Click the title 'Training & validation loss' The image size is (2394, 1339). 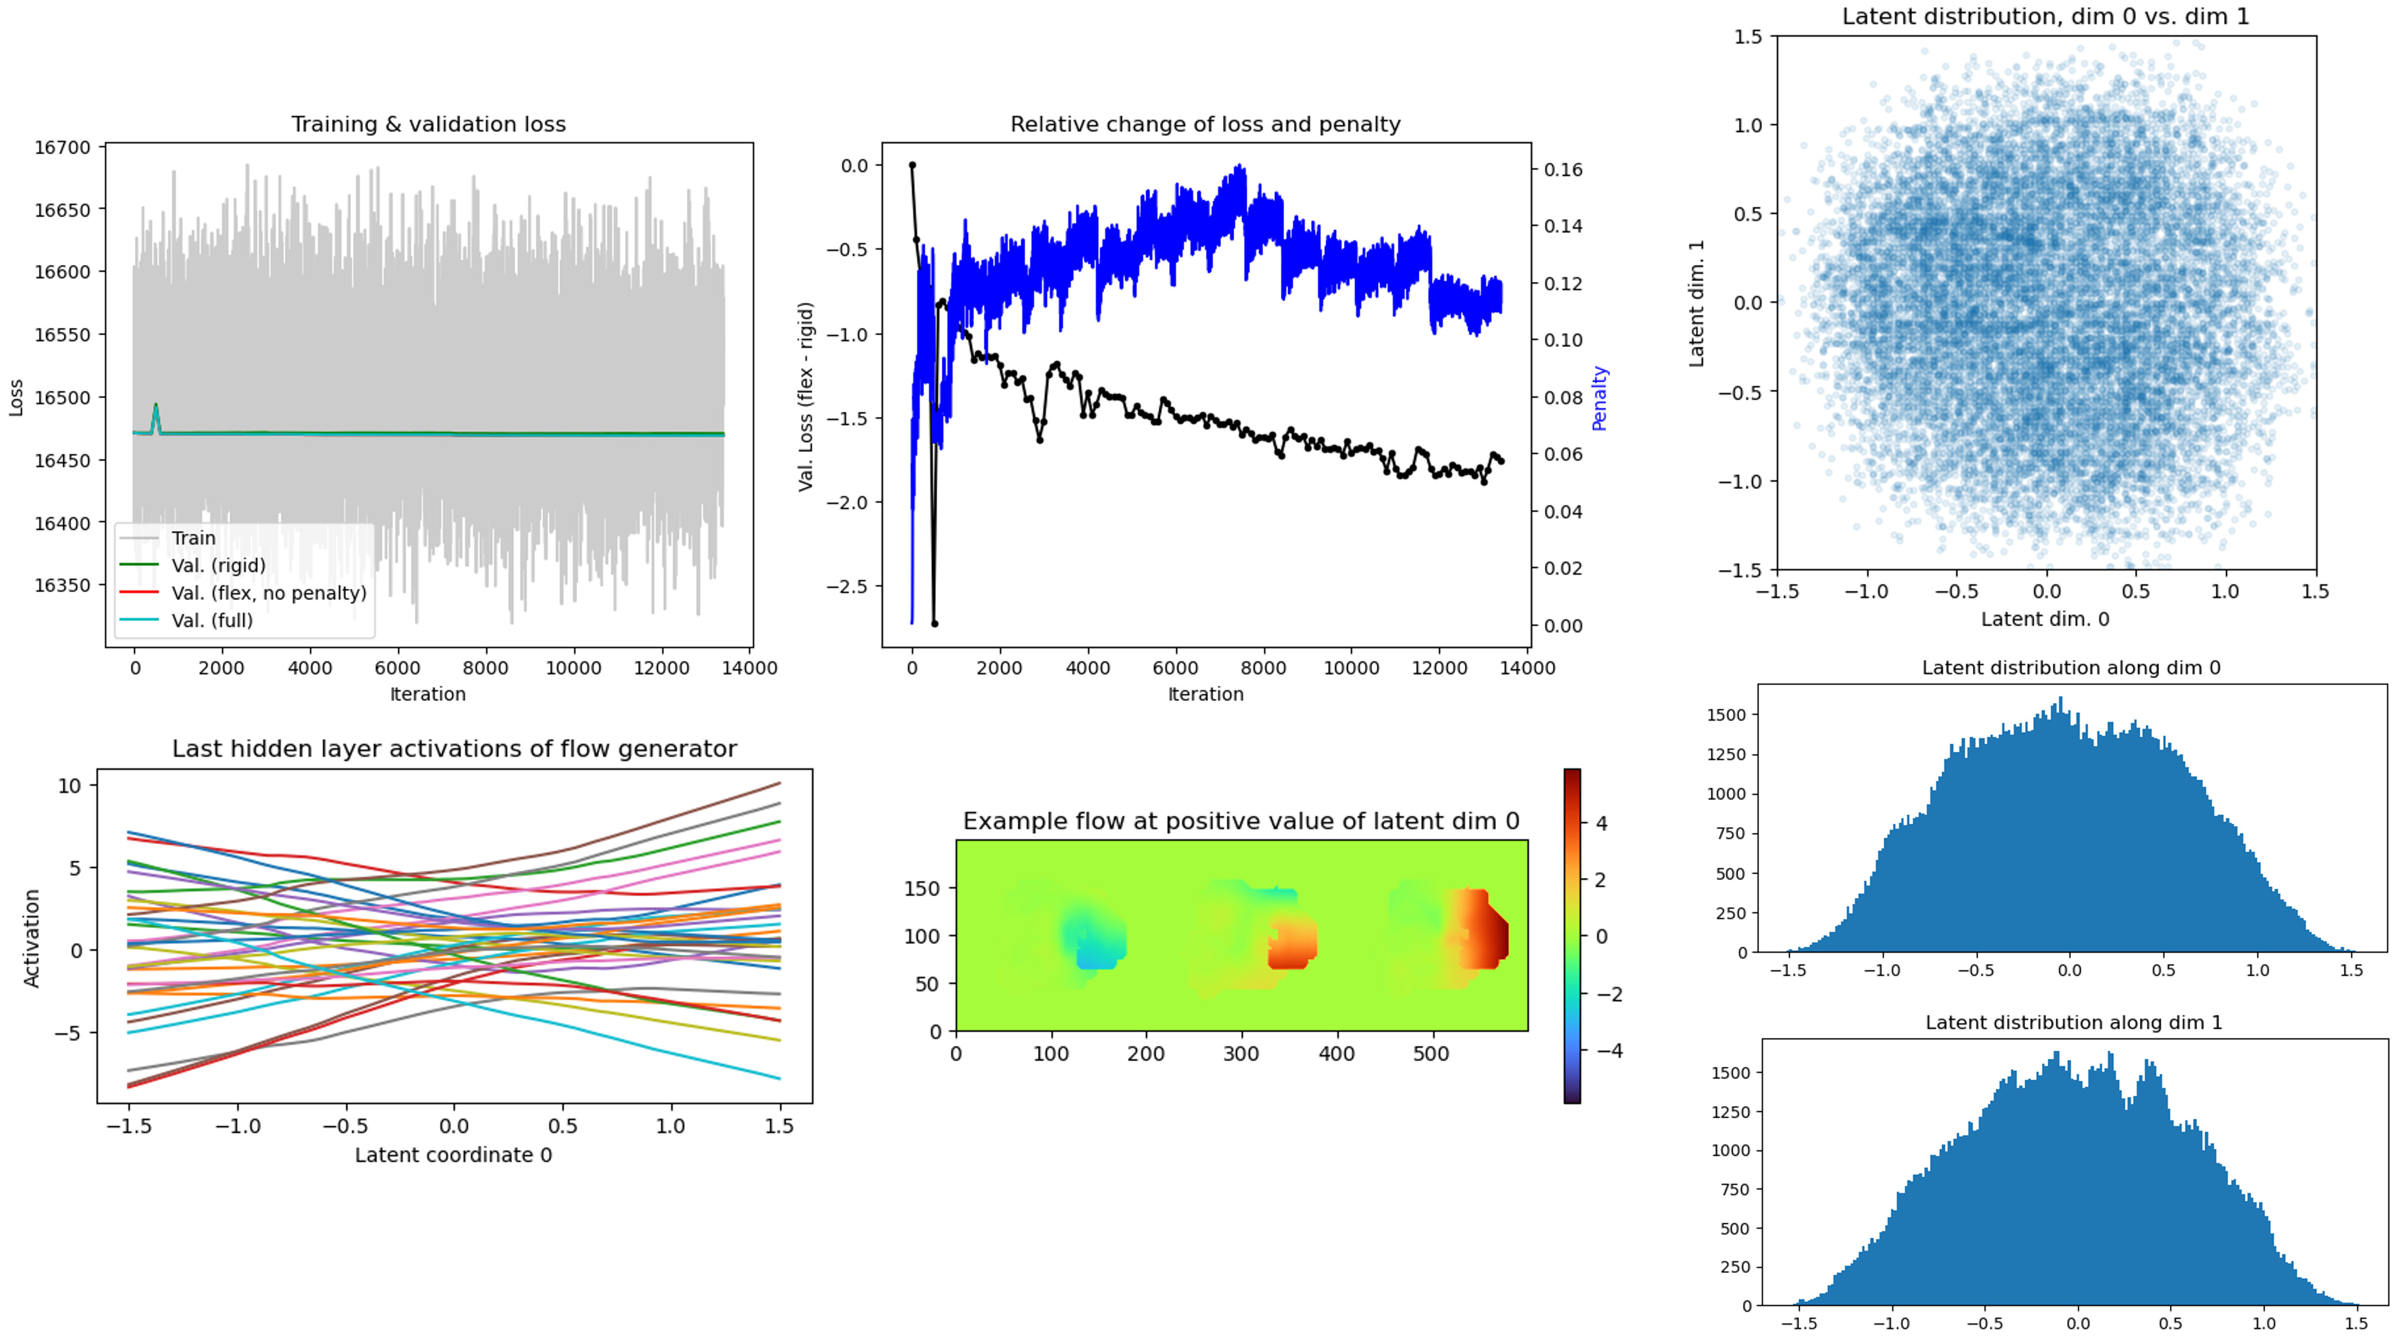coord(429,124)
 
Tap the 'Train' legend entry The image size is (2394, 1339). coord(193,538)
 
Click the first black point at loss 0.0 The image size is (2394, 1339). coord(912,166)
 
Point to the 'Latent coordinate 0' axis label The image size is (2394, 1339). coord(453,1155)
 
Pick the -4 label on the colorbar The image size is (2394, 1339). coord(1609,1051)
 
